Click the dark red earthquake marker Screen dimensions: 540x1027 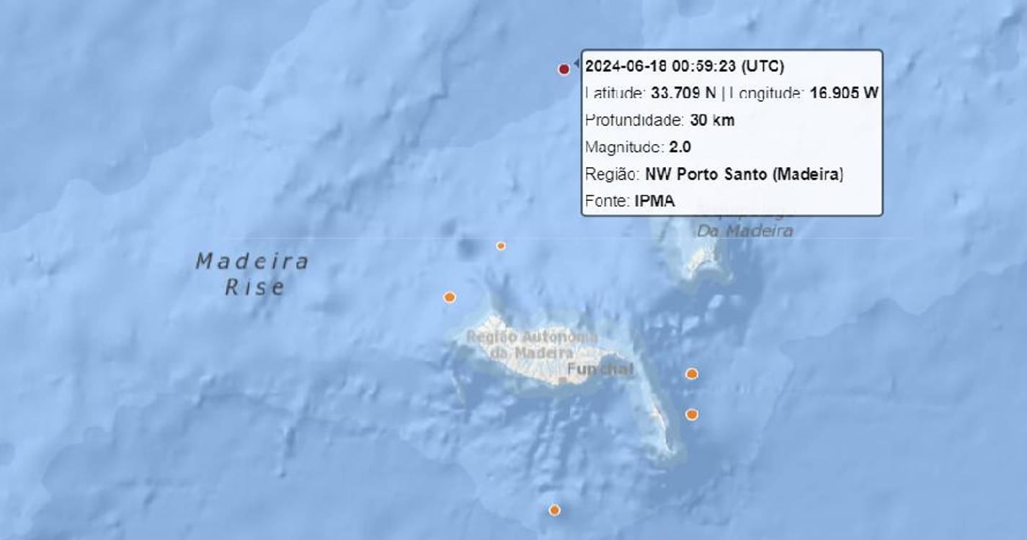tap(564, 69)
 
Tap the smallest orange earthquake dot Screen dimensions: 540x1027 tap(501, 246)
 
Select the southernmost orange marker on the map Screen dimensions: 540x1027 tap(554, 510)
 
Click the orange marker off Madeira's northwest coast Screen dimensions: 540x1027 tap(450, 297)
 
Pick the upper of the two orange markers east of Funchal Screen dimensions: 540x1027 tap(692, 374)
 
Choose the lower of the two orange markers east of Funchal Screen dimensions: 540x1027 tap(692, 414)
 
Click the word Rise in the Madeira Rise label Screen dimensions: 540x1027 tap(255, 288)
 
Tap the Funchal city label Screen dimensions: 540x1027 tap(600, 370)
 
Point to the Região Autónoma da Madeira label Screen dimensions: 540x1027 tap(532, 345)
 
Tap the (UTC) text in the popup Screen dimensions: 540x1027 tap(762, 66)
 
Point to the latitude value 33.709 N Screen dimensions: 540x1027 tap(684, 93)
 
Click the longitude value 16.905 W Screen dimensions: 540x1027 tap(844, 93)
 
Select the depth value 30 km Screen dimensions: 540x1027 tap(712, 120)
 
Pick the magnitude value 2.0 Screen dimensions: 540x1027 tap(680, 147)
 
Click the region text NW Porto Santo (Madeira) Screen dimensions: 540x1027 tap(744, 174)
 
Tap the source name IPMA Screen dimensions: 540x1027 tap(654, 202)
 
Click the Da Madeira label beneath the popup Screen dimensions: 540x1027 tap(744, 231)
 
